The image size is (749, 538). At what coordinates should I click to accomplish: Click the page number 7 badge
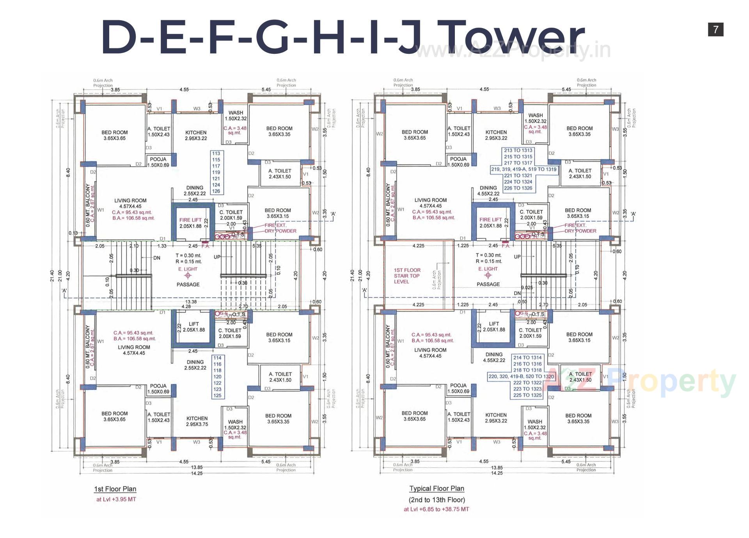(715, 30)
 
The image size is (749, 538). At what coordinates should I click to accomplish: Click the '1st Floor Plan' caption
(115, 489)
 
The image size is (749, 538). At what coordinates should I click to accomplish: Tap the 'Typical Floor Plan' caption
(437, 488)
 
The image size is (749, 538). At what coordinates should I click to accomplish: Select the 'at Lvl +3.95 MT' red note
(116, 499)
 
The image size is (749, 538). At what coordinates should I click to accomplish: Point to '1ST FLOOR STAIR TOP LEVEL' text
(407, 276)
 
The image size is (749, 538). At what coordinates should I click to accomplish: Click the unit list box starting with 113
(216, 172)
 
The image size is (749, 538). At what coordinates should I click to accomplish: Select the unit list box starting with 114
(217, 377)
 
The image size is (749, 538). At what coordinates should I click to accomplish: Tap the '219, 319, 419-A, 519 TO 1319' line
(524, 169)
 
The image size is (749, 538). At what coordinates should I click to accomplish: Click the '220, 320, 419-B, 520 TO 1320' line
(521, 376)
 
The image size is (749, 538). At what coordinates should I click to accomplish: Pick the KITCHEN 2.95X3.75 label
(197, 421)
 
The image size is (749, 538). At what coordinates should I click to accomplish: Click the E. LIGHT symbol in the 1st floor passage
(188, 275)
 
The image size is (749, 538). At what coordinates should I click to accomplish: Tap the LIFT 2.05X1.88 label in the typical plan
(494, 327)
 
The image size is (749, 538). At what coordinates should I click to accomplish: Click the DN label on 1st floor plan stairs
(156, 258)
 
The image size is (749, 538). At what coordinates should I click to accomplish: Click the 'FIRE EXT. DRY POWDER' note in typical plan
(580, 228)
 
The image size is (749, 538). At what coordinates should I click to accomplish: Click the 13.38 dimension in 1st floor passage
(191, 302)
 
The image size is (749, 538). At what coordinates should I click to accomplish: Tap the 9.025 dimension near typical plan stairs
(527, 288)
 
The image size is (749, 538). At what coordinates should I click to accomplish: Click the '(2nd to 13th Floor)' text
(437, 500)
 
